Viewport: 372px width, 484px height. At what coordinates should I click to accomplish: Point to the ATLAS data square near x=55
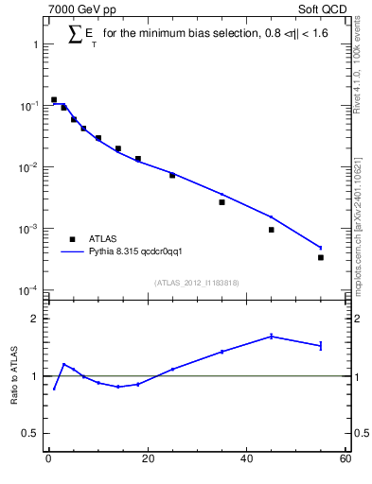(x=321, y=257)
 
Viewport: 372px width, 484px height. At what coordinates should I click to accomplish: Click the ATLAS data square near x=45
(x=271, y=230)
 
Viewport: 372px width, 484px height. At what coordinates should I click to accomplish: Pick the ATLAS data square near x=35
(x=221, y=202)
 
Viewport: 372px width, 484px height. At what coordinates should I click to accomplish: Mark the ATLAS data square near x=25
(x=172, y=175)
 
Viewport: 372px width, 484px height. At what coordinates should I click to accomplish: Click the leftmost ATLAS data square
(x=54, y=99)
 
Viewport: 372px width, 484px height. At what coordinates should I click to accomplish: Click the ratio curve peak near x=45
(x=271, y=336)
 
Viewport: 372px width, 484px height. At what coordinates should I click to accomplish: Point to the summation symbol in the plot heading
(x=76, y=33)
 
